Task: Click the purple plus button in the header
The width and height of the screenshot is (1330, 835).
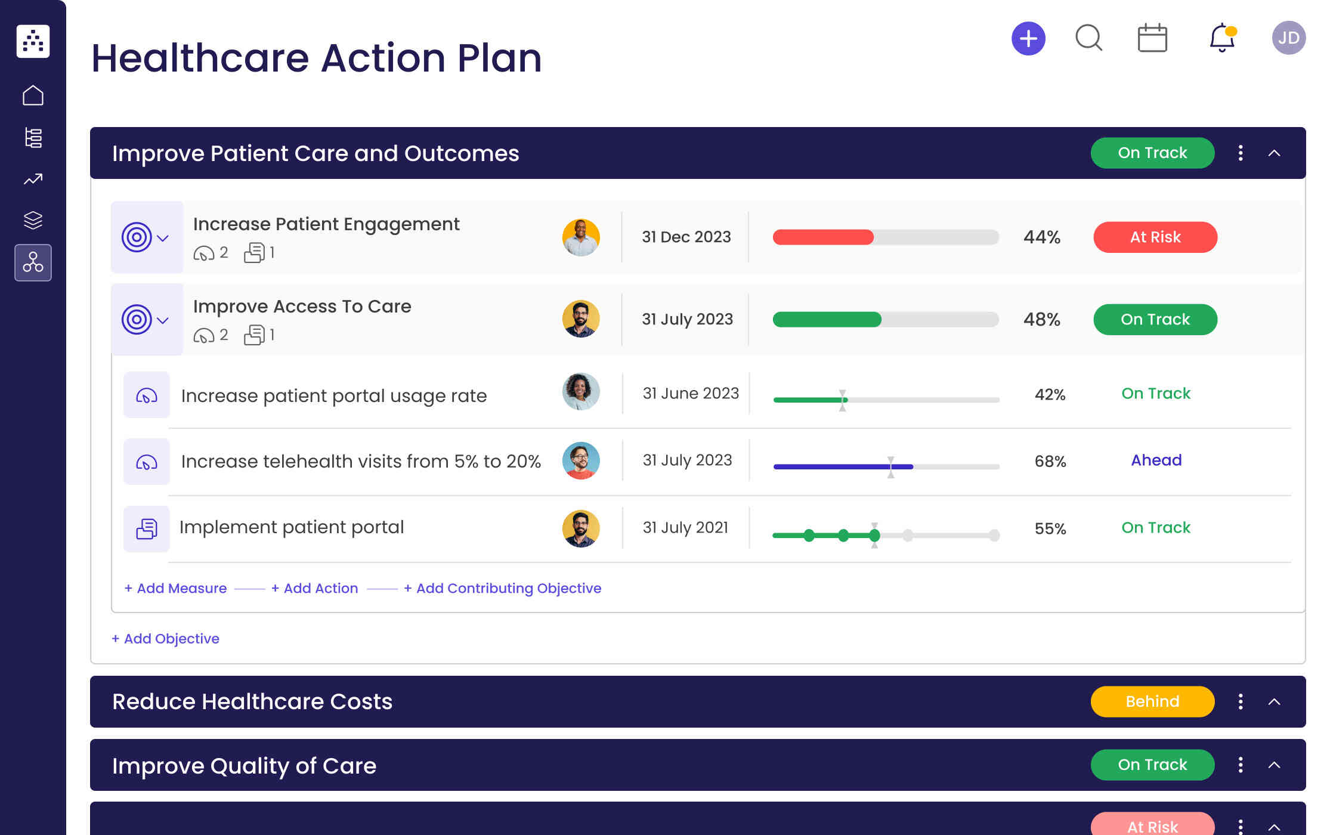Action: coord(1028,39)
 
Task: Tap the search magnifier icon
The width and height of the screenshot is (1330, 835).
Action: coord(1088,38)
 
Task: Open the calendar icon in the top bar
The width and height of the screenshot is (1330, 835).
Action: coord(1152,38)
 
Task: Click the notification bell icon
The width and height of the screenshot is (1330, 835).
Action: coord(1221,38)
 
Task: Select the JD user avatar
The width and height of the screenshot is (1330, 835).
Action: coord(1288,38)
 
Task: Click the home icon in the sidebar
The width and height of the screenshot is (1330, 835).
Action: coord(33,95)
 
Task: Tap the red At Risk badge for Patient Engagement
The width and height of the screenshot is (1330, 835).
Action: coord(1155,237)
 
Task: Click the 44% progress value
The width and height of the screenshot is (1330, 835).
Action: coord(1041,237)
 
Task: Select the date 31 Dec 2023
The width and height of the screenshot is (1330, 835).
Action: coord(686,237)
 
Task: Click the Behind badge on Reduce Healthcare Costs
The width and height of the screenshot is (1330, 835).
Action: coord(1152,701)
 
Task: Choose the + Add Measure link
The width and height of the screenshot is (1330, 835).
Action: coord(176,588)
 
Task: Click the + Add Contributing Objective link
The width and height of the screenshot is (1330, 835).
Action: coord(502,588)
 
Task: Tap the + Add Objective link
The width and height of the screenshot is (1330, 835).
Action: coord(166,639)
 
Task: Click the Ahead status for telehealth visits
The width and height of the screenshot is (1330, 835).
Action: coord(1156,460)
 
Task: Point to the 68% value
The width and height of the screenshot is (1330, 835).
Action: coord(1050,461)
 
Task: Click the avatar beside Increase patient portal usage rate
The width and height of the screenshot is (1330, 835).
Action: coord(580,392)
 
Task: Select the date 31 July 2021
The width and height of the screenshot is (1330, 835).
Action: coord(685,528)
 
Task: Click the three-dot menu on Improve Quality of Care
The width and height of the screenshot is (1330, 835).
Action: coord(1240,765)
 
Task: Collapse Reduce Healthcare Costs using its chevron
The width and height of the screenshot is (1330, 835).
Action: coord(1274,701)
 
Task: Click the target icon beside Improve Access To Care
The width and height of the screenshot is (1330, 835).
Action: coord(137,320)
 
